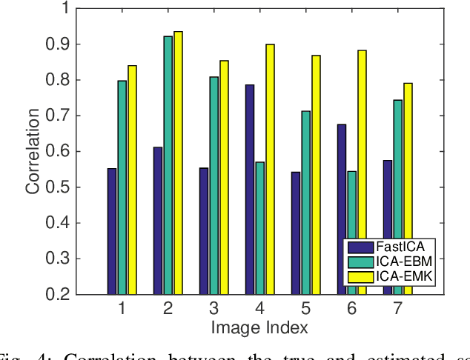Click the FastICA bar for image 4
click(250, 190)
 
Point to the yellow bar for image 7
click(408, 189)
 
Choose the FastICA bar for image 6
click(342, 209)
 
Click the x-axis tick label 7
click(397, 307)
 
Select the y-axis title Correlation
click(33, 152)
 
